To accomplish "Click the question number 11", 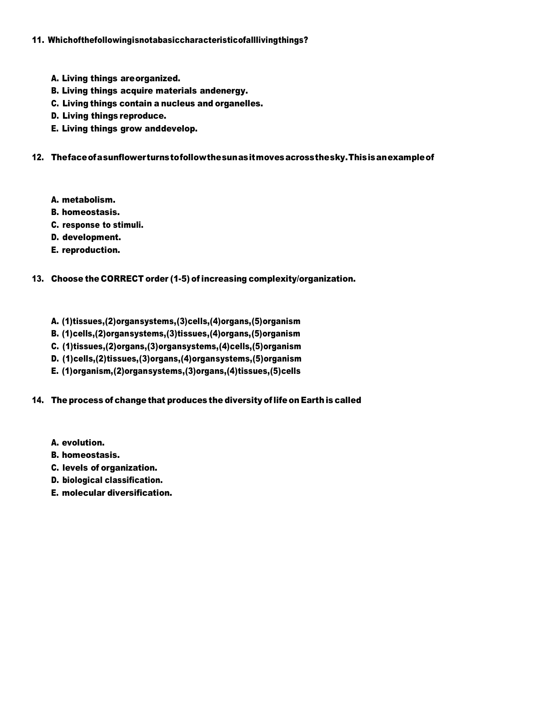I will [x=37, y=40].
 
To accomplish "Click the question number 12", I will [x=37, y=157].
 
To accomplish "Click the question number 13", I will [x=37, y=279].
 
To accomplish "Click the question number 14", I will [x=37, y=400].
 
